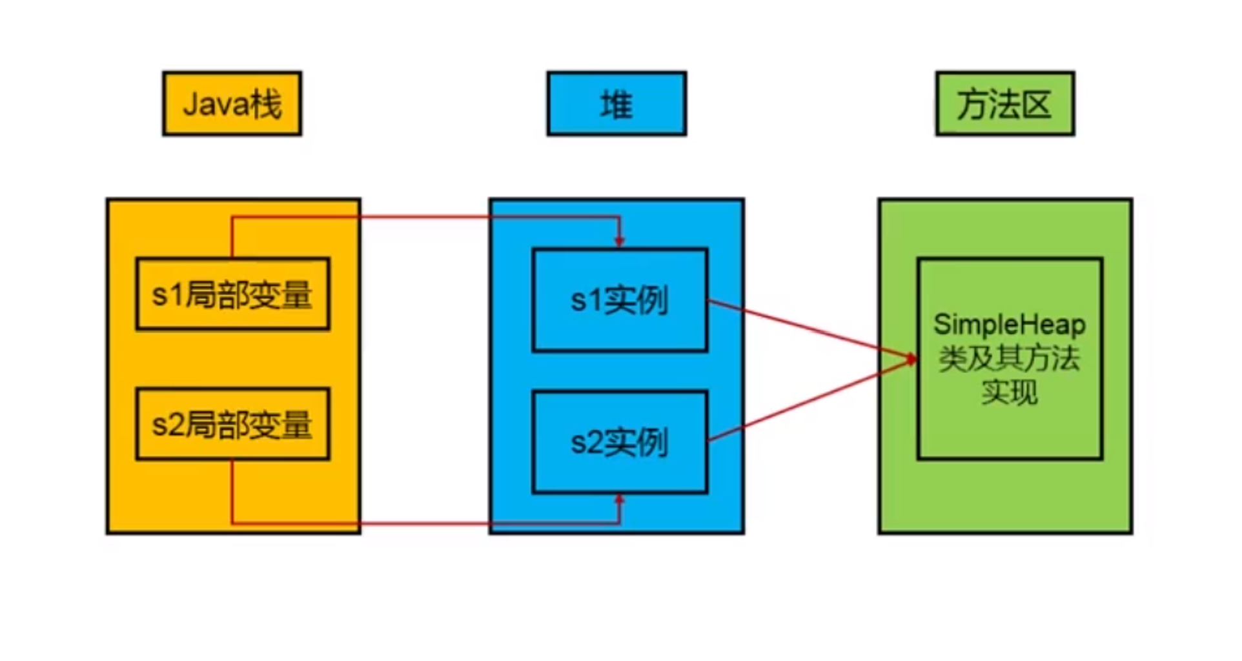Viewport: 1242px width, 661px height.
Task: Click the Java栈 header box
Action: click(x=232, y=103)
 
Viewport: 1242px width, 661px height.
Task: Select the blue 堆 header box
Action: click(x=616, y=103)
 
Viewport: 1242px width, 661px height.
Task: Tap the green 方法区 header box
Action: click(x=1005, y=103)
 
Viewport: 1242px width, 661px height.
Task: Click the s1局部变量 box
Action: click(x=232, y=294)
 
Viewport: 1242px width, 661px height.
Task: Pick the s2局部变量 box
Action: click(x=232, y=424)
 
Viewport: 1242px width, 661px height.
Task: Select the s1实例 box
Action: click(x=620, y=300)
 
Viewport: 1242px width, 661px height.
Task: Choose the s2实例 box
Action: click(x=620, y=442)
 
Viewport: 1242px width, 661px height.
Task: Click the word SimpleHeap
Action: click(x=1009, y=324)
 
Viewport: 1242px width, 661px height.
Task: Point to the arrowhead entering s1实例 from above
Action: click(x=620, y=241)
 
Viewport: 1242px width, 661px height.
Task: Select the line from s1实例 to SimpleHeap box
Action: click(x=807, y=329)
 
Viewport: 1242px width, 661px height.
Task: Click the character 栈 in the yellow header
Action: click(x=267, y=104)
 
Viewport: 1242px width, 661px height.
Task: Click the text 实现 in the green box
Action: click(x=1009, y=392)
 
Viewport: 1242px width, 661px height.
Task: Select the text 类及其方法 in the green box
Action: click(x=1009, y=358)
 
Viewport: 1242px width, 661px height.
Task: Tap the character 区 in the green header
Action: click(x=1037, y=104)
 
